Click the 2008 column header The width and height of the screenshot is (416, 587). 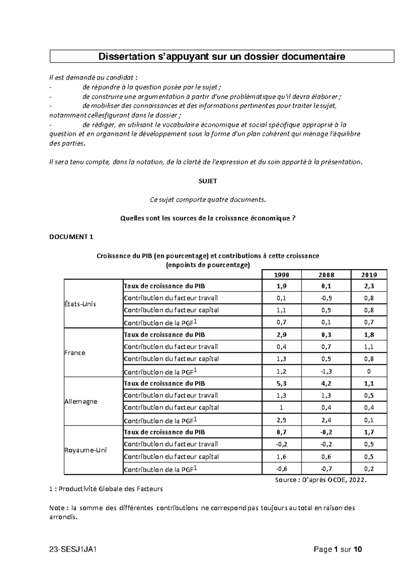(x=326, y=275)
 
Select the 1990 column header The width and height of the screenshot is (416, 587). (x=281, y=275)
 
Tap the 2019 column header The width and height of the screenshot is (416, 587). (x=369, y=275)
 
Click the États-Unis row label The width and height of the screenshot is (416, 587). (x=80, y=304)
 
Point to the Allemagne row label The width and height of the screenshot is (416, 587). (x=81, y=401)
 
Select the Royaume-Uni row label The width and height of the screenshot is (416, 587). (x=86, y=450)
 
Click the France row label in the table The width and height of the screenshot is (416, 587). (x=75, y=353)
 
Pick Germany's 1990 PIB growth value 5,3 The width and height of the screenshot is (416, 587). (x=281, y=383)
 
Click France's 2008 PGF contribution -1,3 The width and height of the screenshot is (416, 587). (x=326, y=371)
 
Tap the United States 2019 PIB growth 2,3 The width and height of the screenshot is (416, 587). (x=369, y=286)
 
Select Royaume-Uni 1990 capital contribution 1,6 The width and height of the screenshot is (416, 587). (x=281, y=457)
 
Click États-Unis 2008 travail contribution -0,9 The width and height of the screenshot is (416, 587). (x=326, y=298)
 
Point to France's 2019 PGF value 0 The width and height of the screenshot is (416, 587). (x=369, y=371)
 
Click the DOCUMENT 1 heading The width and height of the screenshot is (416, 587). (x=71, y=237)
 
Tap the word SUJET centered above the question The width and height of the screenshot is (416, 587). (x=207, y=181)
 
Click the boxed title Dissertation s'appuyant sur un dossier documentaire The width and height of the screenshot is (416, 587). (x=222, y=56)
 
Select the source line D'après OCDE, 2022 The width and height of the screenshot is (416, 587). (x=321, y=480)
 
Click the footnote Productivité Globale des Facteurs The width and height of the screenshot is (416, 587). (x=106, y=489)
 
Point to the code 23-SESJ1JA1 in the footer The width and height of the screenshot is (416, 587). (x=72, y=549)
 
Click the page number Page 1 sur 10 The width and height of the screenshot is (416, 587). (x=338, y=549)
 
